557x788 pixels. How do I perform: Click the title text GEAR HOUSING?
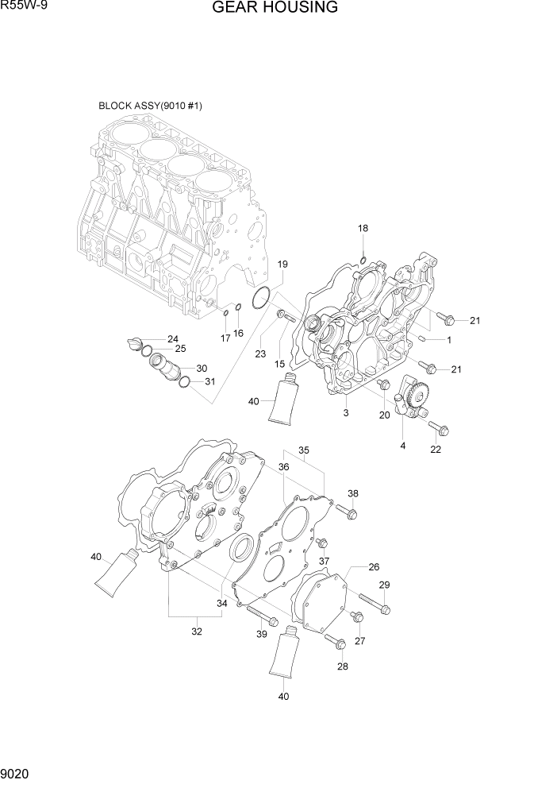275,9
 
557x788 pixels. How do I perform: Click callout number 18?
363,229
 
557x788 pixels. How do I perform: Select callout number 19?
282,264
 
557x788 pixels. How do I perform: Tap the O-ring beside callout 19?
259,299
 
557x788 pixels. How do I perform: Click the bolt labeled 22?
439,429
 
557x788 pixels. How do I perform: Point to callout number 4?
402,446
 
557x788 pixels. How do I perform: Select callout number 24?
172,339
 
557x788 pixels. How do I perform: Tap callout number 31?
210,381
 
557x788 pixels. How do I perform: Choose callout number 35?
304,450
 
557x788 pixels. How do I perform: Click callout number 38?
353,492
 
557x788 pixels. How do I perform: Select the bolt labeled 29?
374,606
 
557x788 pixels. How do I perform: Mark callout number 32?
197,632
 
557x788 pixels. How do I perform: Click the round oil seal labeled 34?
242,550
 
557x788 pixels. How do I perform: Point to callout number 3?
346,413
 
